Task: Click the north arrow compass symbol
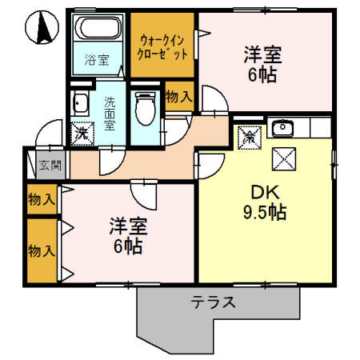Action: click(x=42, y=27)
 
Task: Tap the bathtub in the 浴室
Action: click(x=98, y=27)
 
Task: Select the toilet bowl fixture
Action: click(x=145, y=109)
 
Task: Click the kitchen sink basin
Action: click(x=282, y=128)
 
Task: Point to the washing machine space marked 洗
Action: click(x=82, y=134)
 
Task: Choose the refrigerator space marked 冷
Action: click(x=250, y=138)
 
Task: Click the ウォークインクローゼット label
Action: click(x=162, y=47)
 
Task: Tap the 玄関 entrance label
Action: click(x=50, y=165)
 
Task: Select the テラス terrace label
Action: click(x=214, y=302)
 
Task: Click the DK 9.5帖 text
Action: click(x=265, y=202)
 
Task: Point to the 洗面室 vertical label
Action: click(x=110, y=114)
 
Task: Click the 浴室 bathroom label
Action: click(x=97, y=60)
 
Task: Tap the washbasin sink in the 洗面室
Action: click(x=80, y=104)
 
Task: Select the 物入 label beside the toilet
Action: click(x=179, y=97)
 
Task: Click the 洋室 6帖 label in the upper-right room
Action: click(x=262, y=65)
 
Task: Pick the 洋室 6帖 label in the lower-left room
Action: click(x=128, y=236)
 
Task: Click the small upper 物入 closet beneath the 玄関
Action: click(x=42, y=199)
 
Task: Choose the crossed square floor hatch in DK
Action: click(x=284, y=159)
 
